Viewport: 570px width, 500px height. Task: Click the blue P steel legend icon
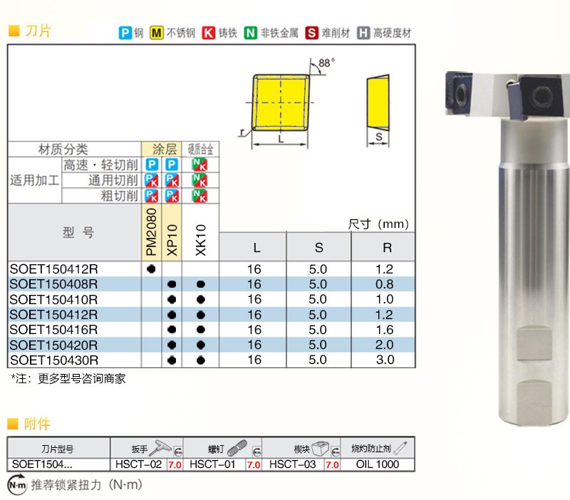click(x=125, y=33)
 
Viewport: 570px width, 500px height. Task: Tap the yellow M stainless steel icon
click(x=156, y=33)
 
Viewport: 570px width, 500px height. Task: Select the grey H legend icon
click(x=363, y=33)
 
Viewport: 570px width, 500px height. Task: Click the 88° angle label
click(x=326, y=63)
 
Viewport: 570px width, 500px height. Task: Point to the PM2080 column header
click(x=151, y=231)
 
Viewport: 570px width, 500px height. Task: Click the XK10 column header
click(x=201, y=240)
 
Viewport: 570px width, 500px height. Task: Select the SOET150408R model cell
click(x=54, y=284)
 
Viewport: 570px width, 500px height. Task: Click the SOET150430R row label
click(x=54, y=360)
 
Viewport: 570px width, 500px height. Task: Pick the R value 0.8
click(x=384, y=284)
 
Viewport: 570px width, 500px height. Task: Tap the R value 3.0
click(x=385, y=360)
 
